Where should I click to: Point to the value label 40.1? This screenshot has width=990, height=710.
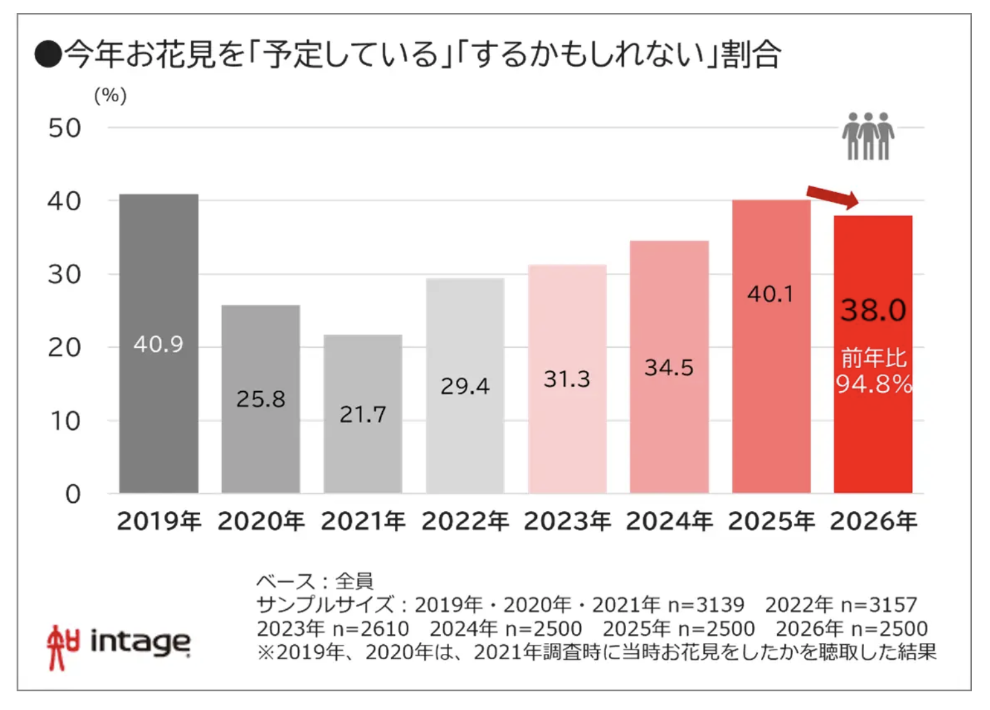tap(770, 294)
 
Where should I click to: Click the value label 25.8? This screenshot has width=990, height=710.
tap(261, 399)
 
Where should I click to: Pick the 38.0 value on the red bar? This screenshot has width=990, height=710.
tap(873, 310)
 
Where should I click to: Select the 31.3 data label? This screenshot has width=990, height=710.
tap(567, 379)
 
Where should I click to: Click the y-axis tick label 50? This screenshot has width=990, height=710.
tap(65, 128)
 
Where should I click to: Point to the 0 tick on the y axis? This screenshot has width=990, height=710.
tap(73, 494)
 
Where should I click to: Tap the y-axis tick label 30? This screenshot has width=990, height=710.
tap(65, 275)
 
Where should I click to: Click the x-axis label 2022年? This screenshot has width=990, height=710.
tap(465, 521)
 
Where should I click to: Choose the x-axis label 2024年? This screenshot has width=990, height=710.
tap(669, 521)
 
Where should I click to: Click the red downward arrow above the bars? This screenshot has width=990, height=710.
tap(833, 196)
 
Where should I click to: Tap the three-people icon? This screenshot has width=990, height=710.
tap(868, 136)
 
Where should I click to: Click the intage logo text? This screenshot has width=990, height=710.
tap(140, 642)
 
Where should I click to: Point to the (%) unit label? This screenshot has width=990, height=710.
tap(110, 96)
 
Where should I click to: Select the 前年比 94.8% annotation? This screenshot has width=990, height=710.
tap(873, 372)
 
